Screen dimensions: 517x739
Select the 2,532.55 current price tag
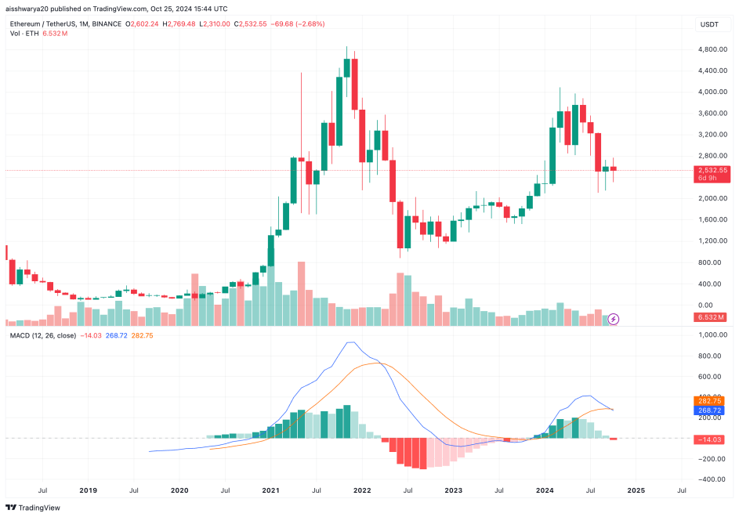713,170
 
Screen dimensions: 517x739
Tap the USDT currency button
708,25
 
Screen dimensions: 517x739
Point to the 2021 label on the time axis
270,491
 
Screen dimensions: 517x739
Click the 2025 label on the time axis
636,491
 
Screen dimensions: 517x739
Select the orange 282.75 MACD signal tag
713,401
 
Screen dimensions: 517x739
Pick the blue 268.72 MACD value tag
713,410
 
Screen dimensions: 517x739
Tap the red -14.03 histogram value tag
713,439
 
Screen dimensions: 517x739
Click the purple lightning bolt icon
614,319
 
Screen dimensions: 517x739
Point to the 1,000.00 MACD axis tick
713,335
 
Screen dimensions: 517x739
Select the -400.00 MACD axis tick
713,479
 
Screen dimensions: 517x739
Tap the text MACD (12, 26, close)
42,336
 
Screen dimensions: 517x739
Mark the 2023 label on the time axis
453,491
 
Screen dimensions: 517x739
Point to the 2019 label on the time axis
88,491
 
